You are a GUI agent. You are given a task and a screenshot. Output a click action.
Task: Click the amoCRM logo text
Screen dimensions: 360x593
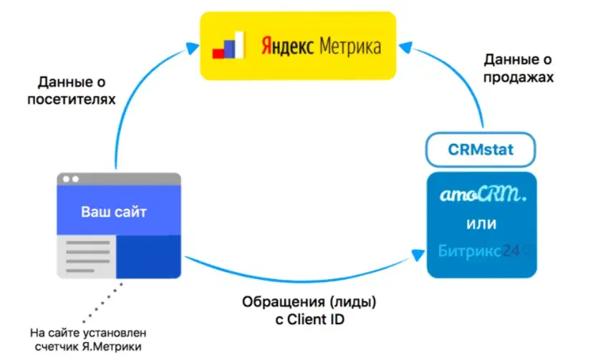[x=481, y=194]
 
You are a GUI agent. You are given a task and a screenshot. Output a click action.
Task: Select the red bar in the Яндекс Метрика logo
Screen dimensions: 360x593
[x=219, y=52]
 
